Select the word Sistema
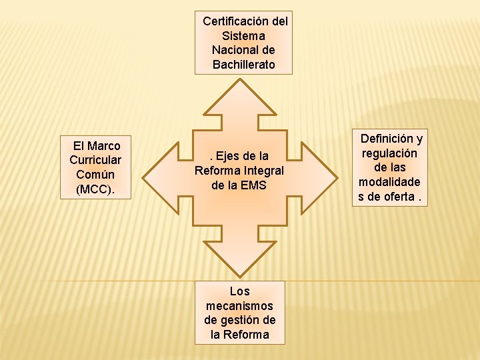(x=243, y=36)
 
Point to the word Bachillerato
(x=243, y=65)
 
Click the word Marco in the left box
(x=103, y=145)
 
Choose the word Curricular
(x=95, y=160)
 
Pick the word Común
(x=95, y=175)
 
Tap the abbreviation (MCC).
(x=95, y=189)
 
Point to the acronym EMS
(x=253, y=185)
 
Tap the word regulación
(x=389, y=153)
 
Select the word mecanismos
(x=239, y=306)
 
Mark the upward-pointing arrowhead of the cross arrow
(x=239, y=100)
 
